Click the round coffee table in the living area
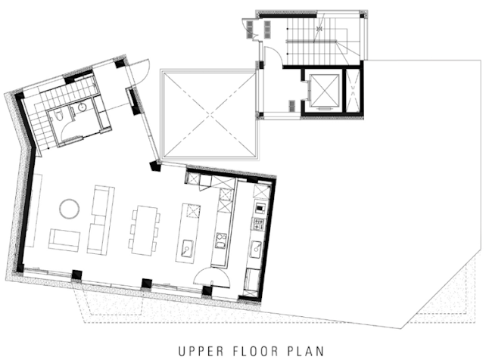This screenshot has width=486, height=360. (x=69, y=209)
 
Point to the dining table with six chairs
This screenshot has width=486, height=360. (x=145, y=231)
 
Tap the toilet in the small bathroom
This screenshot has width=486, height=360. (x=58, y=116)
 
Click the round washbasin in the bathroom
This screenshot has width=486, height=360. (x=82, y=107)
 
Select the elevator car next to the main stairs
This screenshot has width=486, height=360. (x=325, y=91)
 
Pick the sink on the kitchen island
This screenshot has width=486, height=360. (x=188, y=247)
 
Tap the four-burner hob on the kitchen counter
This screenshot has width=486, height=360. (x=259, y=224)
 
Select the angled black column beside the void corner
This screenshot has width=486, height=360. (x=154, y=166)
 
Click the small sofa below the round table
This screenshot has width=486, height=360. (x=64, y=240)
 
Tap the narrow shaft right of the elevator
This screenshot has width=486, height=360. (x=353, y=90)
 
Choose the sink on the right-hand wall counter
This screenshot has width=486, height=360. (x=257, y=249)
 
